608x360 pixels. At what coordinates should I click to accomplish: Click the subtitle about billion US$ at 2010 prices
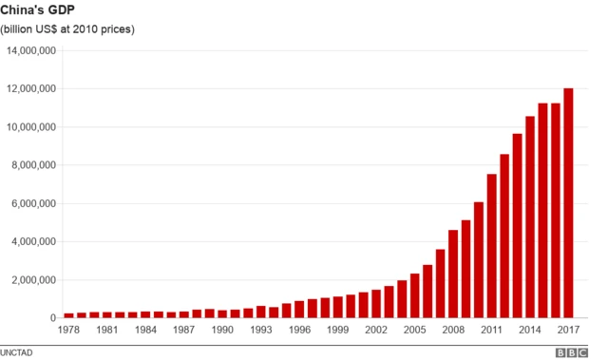click(66, 29)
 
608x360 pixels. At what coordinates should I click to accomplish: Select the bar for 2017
click(568, 203)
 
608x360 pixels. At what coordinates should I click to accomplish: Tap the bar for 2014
click(530, 218)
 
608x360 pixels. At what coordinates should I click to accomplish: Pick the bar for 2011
click(491, 246)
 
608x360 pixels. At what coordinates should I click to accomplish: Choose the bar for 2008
click(453, 275)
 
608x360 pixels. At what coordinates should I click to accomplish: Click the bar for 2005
click(415, 296)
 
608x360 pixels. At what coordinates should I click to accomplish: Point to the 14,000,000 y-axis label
click(31, 50)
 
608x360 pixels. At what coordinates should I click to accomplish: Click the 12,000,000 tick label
click(31, 89)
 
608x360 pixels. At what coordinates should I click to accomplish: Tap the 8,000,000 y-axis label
click(34, 165)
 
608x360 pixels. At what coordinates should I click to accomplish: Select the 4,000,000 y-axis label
click(34, 242)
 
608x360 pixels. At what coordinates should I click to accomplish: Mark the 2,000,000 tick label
click(34, 280)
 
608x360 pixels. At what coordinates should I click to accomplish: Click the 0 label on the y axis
click(55, 318)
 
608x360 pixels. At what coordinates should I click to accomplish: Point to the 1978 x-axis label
click(69, 330)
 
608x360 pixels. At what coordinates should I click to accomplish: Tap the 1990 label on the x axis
click(222, 330)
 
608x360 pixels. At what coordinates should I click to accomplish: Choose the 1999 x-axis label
click(337, 330)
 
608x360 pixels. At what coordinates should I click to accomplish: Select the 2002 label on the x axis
click(376, 330)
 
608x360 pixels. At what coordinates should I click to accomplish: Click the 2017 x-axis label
click(568, 330)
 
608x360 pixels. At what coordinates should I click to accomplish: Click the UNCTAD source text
click(18, 351)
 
